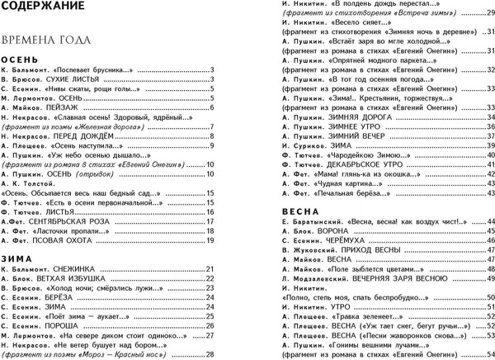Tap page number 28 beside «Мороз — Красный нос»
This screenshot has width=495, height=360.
pos(210,355)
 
